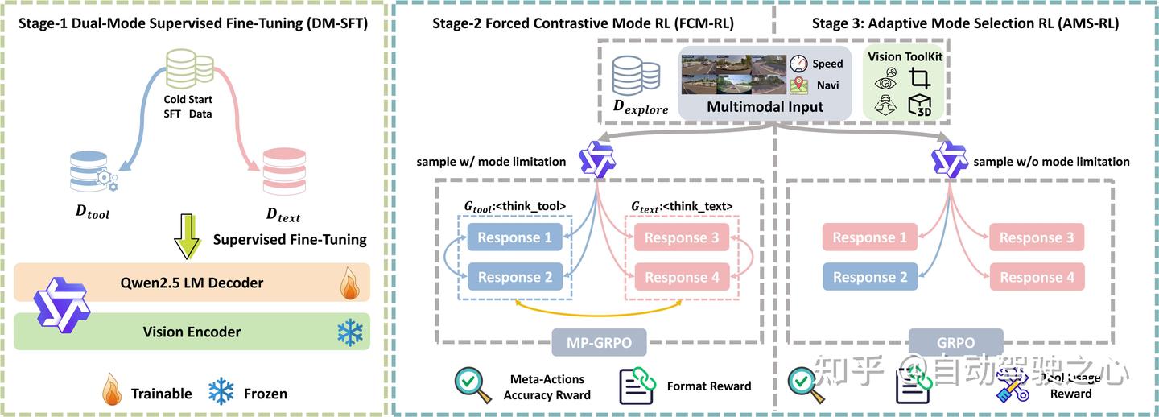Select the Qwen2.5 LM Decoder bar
coord(192,283)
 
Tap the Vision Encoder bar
coord(192,331)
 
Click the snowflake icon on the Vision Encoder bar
coord(349,332)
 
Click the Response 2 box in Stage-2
coord(515,277)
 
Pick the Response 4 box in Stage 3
coord(1037,277)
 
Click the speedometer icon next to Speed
coord(798,64)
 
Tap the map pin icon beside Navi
coord(798,84)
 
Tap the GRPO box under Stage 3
coord(955,342)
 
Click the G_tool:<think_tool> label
coord(515,207)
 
